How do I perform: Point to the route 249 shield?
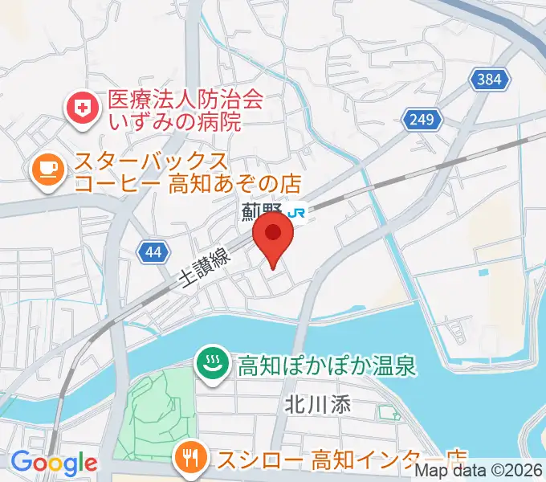424,120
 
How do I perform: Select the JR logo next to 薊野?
297,213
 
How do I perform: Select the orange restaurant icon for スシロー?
190,460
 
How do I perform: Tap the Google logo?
54,463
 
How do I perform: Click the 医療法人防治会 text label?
185,100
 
